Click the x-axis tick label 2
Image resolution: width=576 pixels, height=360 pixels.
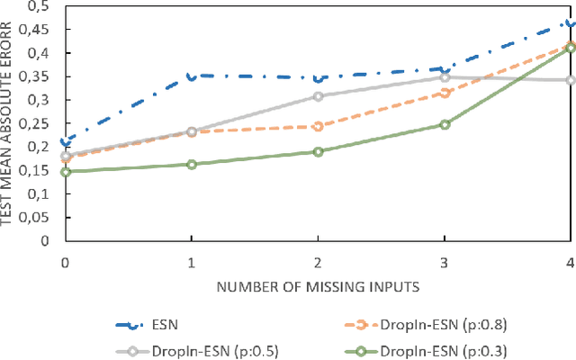pos(318,260)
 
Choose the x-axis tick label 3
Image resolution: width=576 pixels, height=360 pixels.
pos(445,260)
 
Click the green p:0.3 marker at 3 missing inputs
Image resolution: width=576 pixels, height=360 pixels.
pos(445,124)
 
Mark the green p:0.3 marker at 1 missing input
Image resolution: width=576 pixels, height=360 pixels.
pos(191,164)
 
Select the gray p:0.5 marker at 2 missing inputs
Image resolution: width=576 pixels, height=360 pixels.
pos(318,96)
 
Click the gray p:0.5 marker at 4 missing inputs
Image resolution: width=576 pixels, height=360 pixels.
pos(571,80)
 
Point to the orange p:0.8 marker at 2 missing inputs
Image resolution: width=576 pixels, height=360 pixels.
pos(318,126)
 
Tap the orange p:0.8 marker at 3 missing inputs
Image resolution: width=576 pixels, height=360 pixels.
pos(445,93)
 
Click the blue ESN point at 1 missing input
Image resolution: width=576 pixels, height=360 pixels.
pos(191,76)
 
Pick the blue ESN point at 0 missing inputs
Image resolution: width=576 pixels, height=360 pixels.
pos(65,141)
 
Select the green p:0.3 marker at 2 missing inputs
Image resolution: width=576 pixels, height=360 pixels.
pos(318,151)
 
